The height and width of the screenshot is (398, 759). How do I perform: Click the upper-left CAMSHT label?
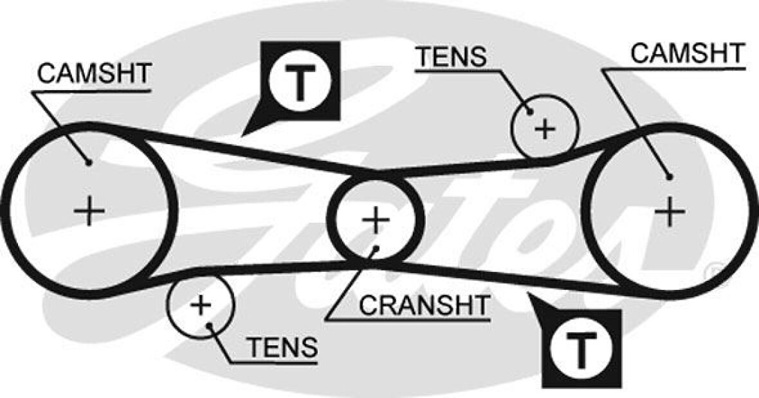[94, 73]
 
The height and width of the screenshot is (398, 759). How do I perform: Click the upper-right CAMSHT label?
[687, 53]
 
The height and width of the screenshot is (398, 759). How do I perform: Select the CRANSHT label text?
[424, 305]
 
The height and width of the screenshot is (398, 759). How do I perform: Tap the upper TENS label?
[450, 57]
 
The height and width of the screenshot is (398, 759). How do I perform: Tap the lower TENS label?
[282, 348]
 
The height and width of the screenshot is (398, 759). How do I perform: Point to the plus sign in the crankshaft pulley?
[376, 220]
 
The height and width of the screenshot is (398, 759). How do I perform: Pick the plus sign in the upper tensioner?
[545, 129]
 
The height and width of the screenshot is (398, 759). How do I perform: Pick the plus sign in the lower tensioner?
[201, 305]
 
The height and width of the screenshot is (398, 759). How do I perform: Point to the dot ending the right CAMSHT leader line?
[670, 176]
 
